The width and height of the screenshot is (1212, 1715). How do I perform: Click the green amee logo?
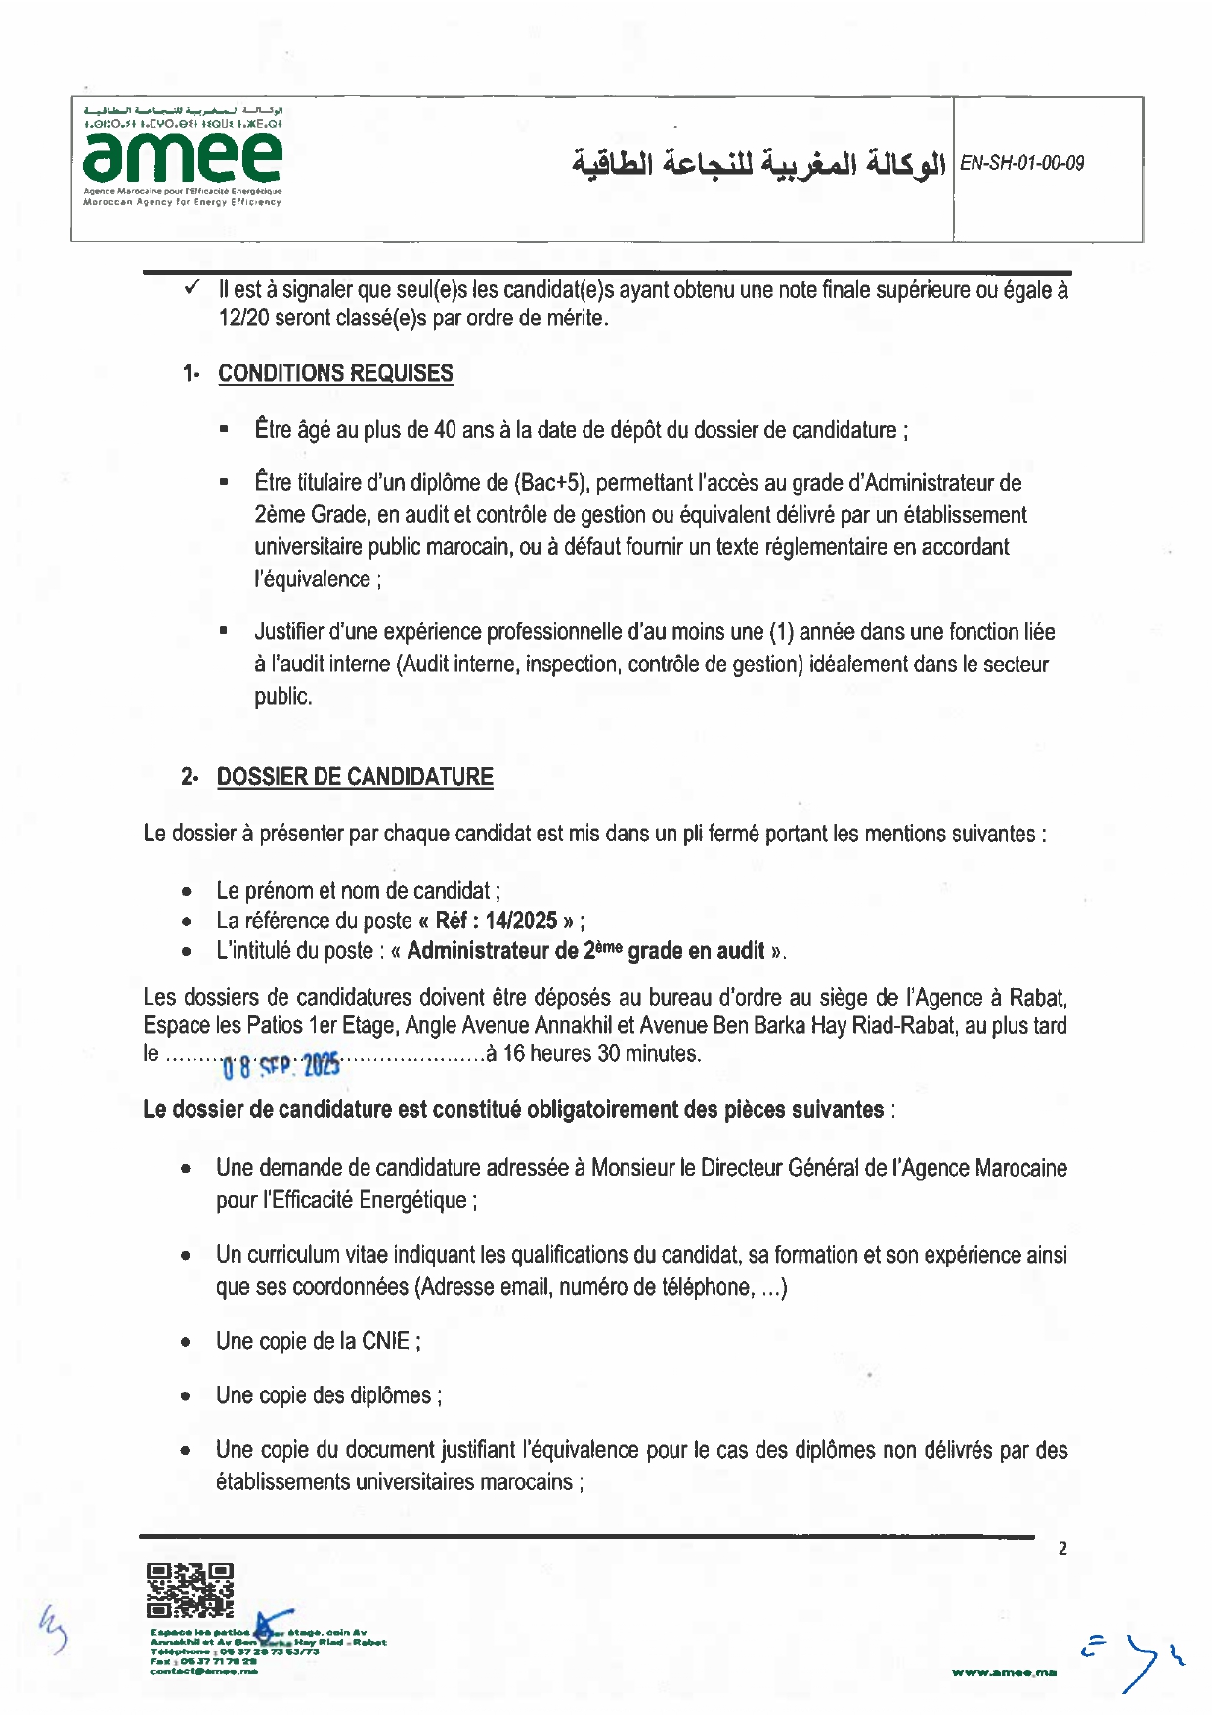click(x=183, y=155)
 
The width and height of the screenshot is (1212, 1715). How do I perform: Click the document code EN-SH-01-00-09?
click(x=1021, y=163)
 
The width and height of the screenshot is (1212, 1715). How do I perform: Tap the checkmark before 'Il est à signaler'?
click(x=193, y=287)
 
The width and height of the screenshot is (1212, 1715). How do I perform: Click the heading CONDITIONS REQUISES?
click(x=335, y=373)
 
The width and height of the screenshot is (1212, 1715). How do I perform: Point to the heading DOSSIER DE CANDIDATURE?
click(x=355, y=777)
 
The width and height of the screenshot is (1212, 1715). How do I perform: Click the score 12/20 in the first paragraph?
click(x=243, y=319)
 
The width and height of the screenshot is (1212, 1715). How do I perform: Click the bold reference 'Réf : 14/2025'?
click(x=496, y=921)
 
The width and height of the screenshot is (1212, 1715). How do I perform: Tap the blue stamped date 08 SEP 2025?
click(x=281, y=1066)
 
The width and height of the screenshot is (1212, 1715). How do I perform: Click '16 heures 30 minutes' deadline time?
click(x=602, y=1053)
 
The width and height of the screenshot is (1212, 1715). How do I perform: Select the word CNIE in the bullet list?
click(x=385, y=1341)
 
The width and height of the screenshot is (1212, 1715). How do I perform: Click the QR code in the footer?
click(x=190, y=1589)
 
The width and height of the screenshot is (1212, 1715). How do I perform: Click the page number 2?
click(x=1062, y=1549)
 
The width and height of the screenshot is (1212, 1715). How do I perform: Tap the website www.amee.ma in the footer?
click(x=1004, y=1673)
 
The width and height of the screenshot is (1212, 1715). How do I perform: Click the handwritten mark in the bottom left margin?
click(x=53, y=1630)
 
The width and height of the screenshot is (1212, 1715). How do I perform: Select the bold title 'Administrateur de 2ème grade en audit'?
click(x=585, y=951)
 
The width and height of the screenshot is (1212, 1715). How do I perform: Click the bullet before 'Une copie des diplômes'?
click(x=186, y=1396)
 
